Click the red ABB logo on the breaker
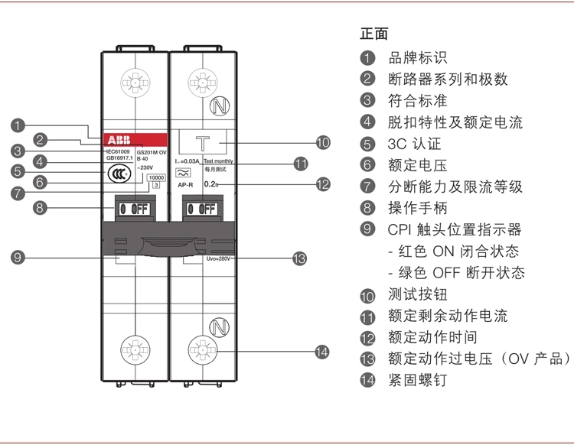tap(119, 141)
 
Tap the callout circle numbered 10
tap(322, 141)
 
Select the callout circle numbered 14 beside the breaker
tap(322, 352)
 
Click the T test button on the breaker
tap(204, 141)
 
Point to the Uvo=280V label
tap(218, 259)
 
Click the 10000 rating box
tap(156, 177)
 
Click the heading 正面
tap(374, 34)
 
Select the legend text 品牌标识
tap(418, 58)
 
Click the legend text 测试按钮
tap(417, 294)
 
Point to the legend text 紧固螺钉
tap(417, 380)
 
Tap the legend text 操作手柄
tap(417, 208)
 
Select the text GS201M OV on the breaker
tap(151, 152)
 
